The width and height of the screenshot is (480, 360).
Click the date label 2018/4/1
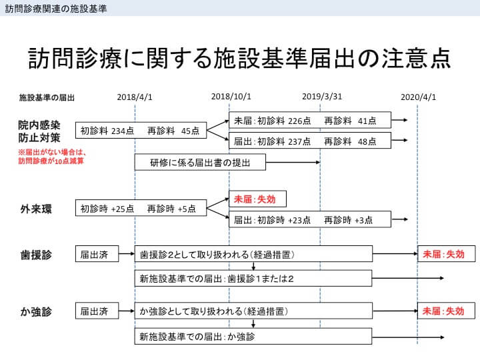pos(135,97)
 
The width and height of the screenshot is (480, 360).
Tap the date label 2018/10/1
pos(231,97)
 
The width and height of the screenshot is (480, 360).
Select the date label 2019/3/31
pos(322,97)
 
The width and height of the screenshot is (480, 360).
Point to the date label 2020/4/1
pos(418,97)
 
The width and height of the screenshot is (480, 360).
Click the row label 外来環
pos(36,209)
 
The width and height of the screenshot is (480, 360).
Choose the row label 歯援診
pos(36,255)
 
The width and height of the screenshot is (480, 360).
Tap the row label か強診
pos(36,311)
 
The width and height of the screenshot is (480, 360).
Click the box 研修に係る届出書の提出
pos(200,162)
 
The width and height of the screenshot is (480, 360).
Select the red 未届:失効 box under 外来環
pos(257,199)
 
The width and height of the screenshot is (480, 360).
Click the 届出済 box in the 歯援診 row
pos(97,254)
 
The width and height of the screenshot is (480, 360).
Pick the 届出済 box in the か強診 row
pos(97,311)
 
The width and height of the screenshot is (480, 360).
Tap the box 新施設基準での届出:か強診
pos(253,337)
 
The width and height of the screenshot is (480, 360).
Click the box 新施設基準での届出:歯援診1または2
pos(253,278)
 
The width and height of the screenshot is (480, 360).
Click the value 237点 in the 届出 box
pos(299,141)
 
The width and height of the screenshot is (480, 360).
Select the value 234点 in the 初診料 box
pos(123,131)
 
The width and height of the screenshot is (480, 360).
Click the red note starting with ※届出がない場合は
pos(52,157)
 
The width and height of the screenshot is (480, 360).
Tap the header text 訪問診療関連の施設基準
pos(56,8)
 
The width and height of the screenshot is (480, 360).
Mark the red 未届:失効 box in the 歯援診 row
pos(447,254)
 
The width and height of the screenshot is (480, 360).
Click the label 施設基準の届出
pos(47,97)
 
